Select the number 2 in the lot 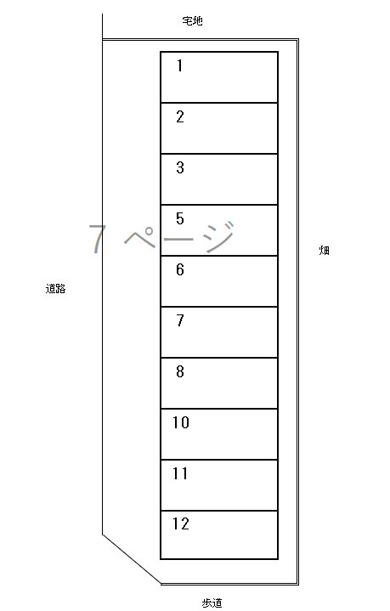click(x=179, y=117)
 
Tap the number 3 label click(x=179, y=167)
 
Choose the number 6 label click(x=179, y=269)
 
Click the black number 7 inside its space click(x=179, y=320)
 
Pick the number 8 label click(x=179, y=371)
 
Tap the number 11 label click(x=180, y=473)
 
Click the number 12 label click(x=181, y=524)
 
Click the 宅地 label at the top click(x=193, y=20)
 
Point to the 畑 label click(x=325, y=250)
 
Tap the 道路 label click(x=55, y=289)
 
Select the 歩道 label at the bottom click(x=212, y=603)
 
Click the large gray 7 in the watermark click(x=97, y=239)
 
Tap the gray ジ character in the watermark click(x=219, y=236)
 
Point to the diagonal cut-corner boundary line click(x=132, y=559)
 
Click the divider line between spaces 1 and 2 click(x=219, y=103)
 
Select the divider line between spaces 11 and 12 click(x=219, y=511)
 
